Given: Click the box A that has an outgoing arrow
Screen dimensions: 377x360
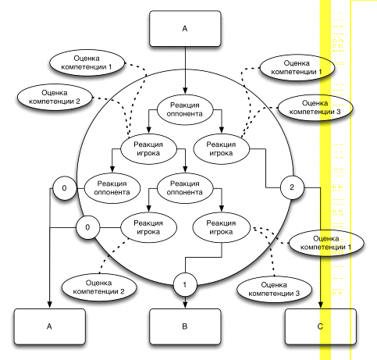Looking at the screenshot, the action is point(185,29).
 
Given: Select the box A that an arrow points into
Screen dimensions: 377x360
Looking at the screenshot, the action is point(50,326).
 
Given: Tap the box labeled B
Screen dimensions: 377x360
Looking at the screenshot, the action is point(185,326).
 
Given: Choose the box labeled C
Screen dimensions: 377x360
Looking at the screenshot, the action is point(321,326).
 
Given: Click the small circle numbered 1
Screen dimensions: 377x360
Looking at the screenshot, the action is point(185,284).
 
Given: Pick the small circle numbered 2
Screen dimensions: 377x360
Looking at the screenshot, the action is point(292,187).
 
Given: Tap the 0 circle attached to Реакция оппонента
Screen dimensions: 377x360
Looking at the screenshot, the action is point(65,188).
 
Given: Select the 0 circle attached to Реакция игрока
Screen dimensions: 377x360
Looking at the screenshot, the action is point(87,227).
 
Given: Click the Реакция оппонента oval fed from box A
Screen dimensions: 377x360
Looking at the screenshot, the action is point(185,109).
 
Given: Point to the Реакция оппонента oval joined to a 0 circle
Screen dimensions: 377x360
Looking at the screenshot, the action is point(112,188).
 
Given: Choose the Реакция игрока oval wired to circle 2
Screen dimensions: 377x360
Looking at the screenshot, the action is point(221,149).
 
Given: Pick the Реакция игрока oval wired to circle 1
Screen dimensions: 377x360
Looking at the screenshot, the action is point(221,227).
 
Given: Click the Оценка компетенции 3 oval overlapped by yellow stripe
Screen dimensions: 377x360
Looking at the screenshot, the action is point(315,108).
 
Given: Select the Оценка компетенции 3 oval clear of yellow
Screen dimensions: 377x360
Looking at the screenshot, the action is point(274,289).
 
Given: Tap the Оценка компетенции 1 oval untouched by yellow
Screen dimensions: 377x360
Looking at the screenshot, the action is point(87,62).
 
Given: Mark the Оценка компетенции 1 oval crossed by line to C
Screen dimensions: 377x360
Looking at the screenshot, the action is point(326,243).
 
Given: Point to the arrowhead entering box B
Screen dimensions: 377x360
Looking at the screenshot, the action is point(185,305).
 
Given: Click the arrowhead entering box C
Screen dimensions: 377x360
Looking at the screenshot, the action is point(321,305).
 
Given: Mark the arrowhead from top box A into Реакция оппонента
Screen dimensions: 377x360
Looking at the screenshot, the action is point(185,91).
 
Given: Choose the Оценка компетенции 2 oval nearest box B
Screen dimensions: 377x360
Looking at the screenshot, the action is point(99,287).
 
